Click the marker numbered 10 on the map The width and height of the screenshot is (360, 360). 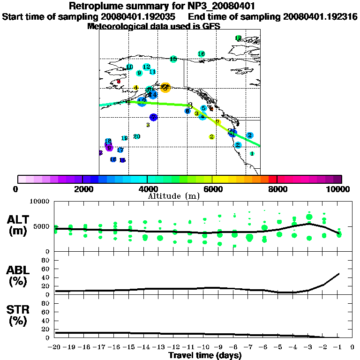[x=129, y=67]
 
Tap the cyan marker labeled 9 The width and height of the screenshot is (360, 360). [x=139, y=73]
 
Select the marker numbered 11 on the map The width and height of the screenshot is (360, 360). [x=152, y=72]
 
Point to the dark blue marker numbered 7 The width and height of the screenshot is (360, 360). [x=153, y=117]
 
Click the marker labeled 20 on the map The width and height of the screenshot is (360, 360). [x=137, y=136]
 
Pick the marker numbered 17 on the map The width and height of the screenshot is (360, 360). [x=120, y=150]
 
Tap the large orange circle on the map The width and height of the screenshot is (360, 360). [x=165, y=87]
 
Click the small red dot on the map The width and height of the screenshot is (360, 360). [x=119, y=82]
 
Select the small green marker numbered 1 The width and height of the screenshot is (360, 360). [x=252, y=153]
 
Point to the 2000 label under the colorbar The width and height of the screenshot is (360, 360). [x=82, y=189]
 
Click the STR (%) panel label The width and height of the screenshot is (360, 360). [x=19, y=315]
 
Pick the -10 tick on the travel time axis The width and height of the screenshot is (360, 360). [x=204, y=347]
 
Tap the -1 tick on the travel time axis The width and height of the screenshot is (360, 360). [x=338, y=347]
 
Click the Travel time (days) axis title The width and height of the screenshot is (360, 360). [x=205, y=356]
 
